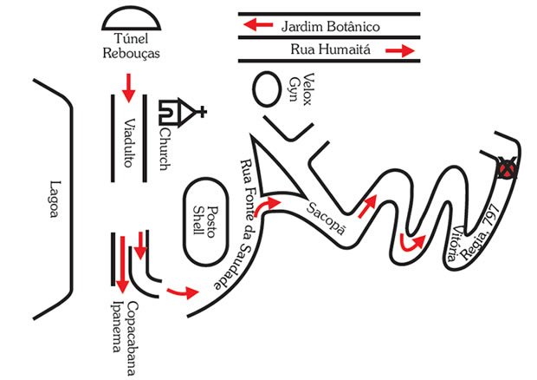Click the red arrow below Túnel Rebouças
tap(130, 84)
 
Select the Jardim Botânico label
tap(330, 26)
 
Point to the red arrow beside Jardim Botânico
tap(256, 26)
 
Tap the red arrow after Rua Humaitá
tap(398, 52)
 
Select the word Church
tap(168, 148)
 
